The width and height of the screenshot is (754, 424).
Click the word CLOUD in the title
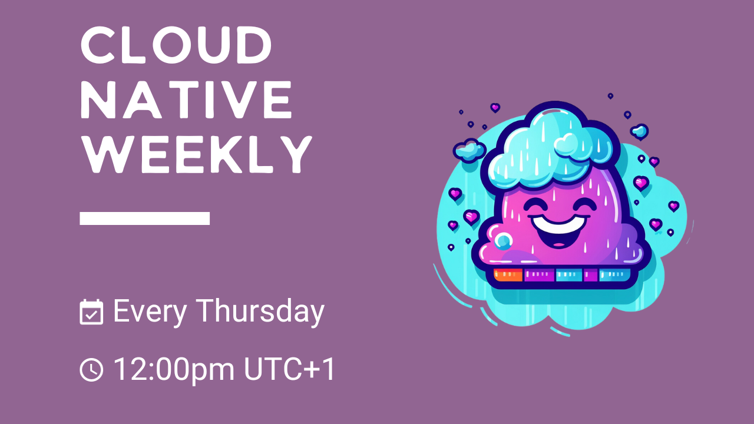pos(176,46)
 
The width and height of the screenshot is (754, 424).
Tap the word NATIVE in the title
pos(186,100)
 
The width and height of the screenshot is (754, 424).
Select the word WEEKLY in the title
pos(196,154)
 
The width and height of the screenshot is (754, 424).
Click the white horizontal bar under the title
pos(145,218)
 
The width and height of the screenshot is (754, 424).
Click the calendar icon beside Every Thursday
pos(91,312)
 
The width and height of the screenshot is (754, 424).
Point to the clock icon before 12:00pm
pos(91,370)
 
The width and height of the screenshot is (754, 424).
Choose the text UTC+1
pos(290,369)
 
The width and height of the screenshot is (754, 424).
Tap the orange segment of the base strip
pos(508,274)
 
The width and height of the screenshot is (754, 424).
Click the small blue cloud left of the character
pos(469,150)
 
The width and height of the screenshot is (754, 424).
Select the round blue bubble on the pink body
pos(504,240)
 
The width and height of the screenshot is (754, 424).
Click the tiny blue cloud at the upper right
pos(639,131)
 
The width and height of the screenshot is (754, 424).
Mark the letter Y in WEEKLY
pos(295,154)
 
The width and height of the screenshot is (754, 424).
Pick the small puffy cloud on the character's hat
pos(570,143)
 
